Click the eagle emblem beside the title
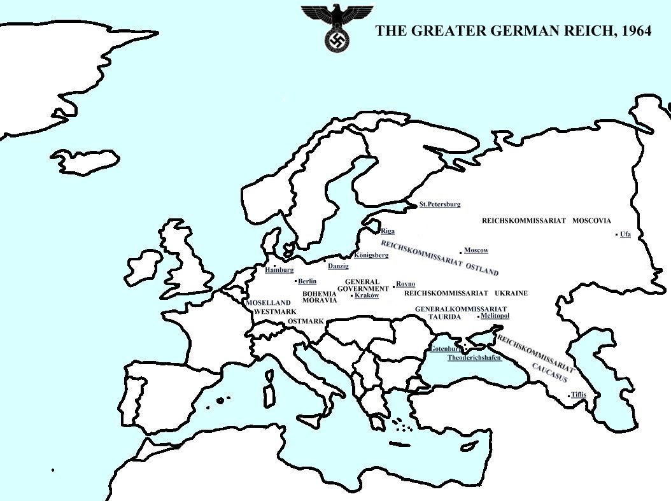coord(337,27)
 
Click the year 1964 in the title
coord(633,31)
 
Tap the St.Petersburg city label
coord(439,204)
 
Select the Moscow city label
coord(476,250)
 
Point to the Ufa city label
coord(625,234)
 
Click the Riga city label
coord(387,231)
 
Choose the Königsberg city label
coord(371,255)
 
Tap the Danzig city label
coord(338,266)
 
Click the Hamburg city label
coord(279,270)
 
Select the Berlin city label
coord(307,281)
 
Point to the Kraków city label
coord(367,295)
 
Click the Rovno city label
coord(406,284)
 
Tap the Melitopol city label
coord(495,316)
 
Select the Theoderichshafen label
coord(474,358)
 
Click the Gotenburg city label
coord(445,349)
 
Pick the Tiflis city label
coord(578,395)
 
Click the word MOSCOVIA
coord(591,221)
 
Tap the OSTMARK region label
coord(306,321)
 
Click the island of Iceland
coord(85,162)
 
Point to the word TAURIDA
coord(444,316)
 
